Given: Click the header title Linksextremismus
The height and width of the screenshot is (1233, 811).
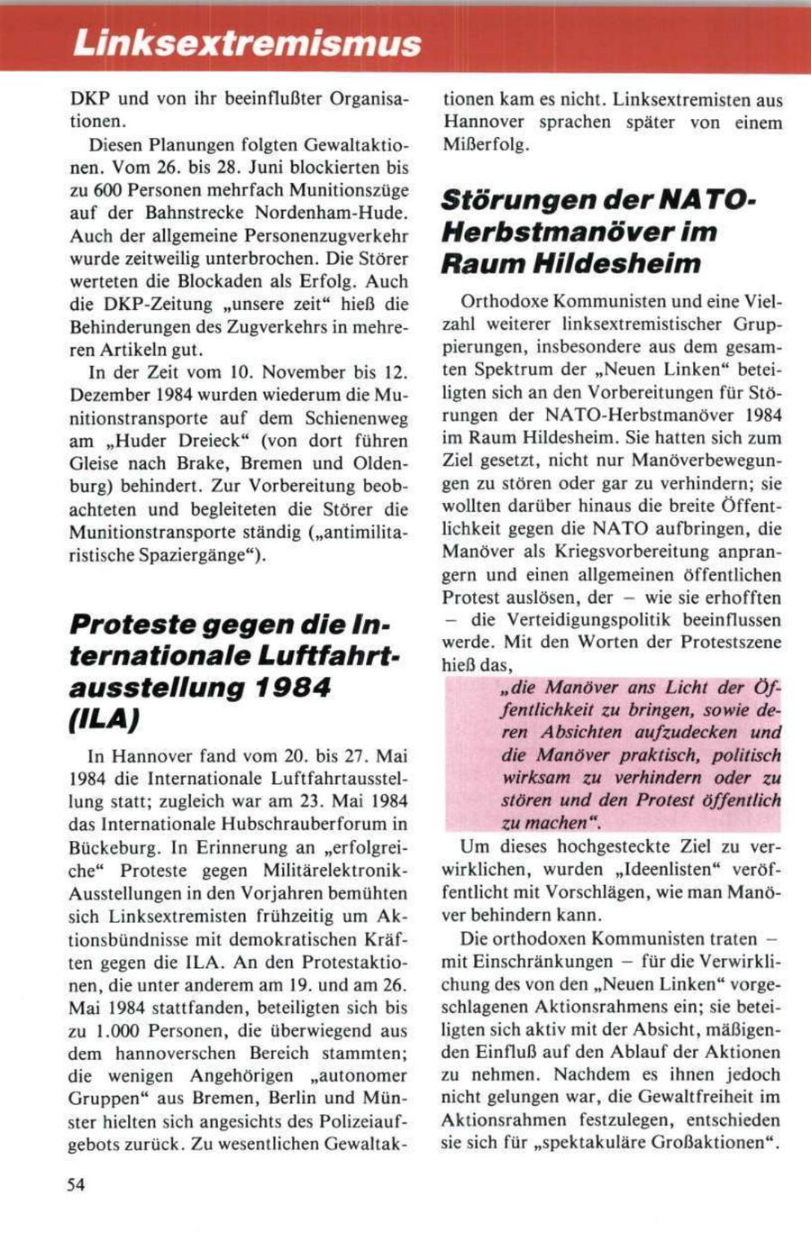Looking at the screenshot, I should (x=248, y=42).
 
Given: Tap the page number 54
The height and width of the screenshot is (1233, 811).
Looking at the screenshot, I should (x=77, y=1185).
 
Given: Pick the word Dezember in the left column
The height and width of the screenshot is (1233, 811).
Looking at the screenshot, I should (x=108, y=395).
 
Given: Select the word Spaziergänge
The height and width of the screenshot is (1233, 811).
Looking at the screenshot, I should (x=204, y=554).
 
